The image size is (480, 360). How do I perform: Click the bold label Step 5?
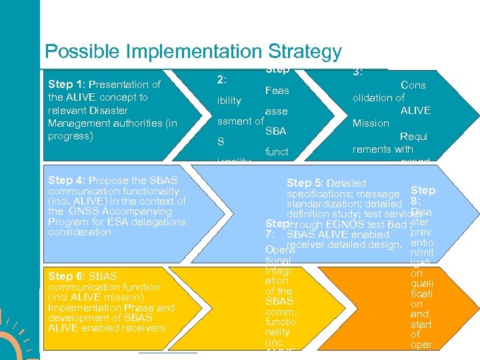(306, 183)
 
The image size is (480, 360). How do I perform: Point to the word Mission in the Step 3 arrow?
(371, 123)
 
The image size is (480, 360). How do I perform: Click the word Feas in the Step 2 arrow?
(277, 91)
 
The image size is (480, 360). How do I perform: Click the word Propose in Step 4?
(107, 180)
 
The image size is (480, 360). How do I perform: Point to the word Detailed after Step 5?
(347, 183)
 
